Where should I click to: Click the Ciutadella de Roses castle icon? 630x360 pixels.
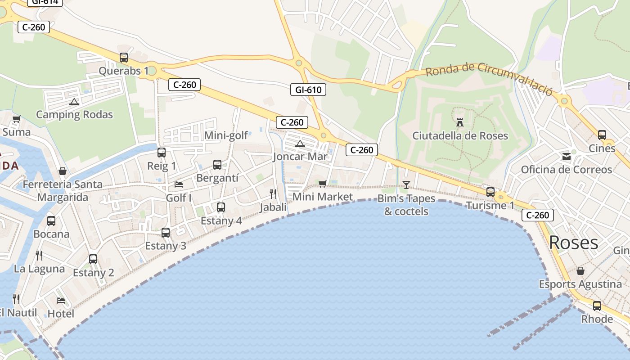pos(460,122)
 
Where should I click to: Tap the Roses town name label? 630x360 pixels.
pos(573,243)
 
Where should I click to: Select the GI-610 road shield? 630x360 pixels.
pos(308,90)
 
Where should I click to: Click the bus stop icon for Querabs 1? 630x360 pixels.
pos(124,58)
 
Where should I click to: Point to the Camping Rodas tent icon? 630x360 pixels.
pos(74,102)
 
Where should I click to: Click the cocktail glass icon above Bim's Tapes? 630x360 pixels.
pos(406,184)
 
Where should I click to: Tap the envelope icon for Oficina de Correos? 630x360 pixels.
pos(566,157)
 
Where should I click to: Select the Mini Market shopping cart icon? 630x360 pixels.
pos(322,184)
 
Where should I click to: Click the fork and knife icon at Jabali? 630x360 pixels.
pos(273,193)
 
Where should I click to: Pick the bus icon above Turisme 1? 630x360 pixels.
pos(490,192)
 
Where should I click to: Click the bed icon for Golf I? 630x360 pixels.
pos(179,184)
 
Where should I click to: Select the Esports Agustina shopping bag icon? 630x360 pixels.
pos(580,271)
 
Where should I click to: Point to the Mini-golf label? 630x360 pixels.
pos(226,135)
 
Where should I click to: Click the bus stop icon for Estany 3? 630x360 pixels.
pos(166,233)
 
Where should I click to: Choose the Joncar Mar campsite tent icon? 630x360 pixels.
pos(300,144)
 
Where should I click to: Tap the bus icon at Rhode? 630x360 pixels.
pos(597,306)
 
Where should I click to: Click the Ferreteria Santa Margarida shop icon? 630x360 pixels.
pos(63,171)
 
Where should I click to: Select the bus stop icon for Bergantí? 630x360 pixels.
pos(217,165)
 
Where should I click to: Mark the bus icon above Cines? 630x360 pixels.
pos(602,135)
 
